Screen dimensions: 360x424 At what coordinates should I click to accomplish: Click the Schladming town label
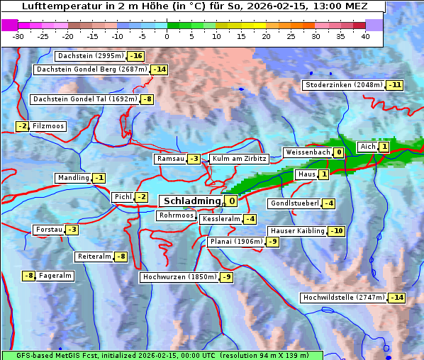coord(192,201)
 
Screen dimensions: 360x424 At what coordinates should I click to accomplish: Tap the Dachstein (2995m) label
coord(90,56)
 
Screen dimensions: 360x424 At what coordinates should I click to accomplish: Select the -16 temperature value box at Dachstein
coord(136,56)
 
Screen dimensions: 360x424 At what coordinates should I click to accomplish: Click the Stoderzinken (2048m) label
coord(343,85)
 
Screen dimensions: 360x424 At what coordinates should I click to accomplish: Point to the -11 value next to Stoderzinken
coord(394,85)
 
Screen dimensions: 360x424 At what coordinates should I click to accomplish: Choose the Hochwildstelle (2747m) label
coord(343,298)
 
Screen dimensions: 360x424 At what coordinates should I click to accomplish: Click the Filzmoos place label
coord(48,126)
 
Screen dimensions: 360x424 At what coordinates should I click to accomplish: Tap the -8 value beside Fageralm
coord(28,276)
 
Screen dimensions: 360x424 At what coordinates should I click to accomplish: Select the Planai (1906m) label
coord(236,242)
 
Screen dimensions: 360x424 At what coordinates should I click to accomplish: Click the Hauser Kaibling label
coord(297,231)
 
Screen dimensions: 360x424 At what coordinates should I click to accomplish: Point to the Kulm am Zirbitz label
coord(239,159)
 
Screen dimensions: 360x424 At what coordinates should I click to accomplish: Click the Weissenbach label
coord(307,152)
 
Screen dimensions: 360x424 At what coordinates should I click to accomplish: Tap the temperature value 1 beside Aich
coord(384,147)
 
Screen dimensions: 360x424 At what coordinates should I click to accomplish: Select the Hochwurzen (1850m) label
coord(179,277)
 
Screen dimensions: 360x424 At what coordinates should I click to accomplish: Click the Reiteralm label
coord(94,257)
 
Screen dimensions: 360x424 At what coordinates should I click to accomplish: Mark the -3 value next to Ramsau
coord(194,159)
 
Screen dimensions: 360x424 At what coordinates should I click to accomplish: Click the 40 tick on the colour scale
coord(365,35)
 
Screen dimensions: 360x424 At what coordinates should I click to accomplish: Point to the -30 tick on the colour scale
coord(19,35)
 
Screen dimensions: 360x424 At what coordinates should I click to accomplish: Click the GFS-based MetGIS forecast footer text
coord(162,354)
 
